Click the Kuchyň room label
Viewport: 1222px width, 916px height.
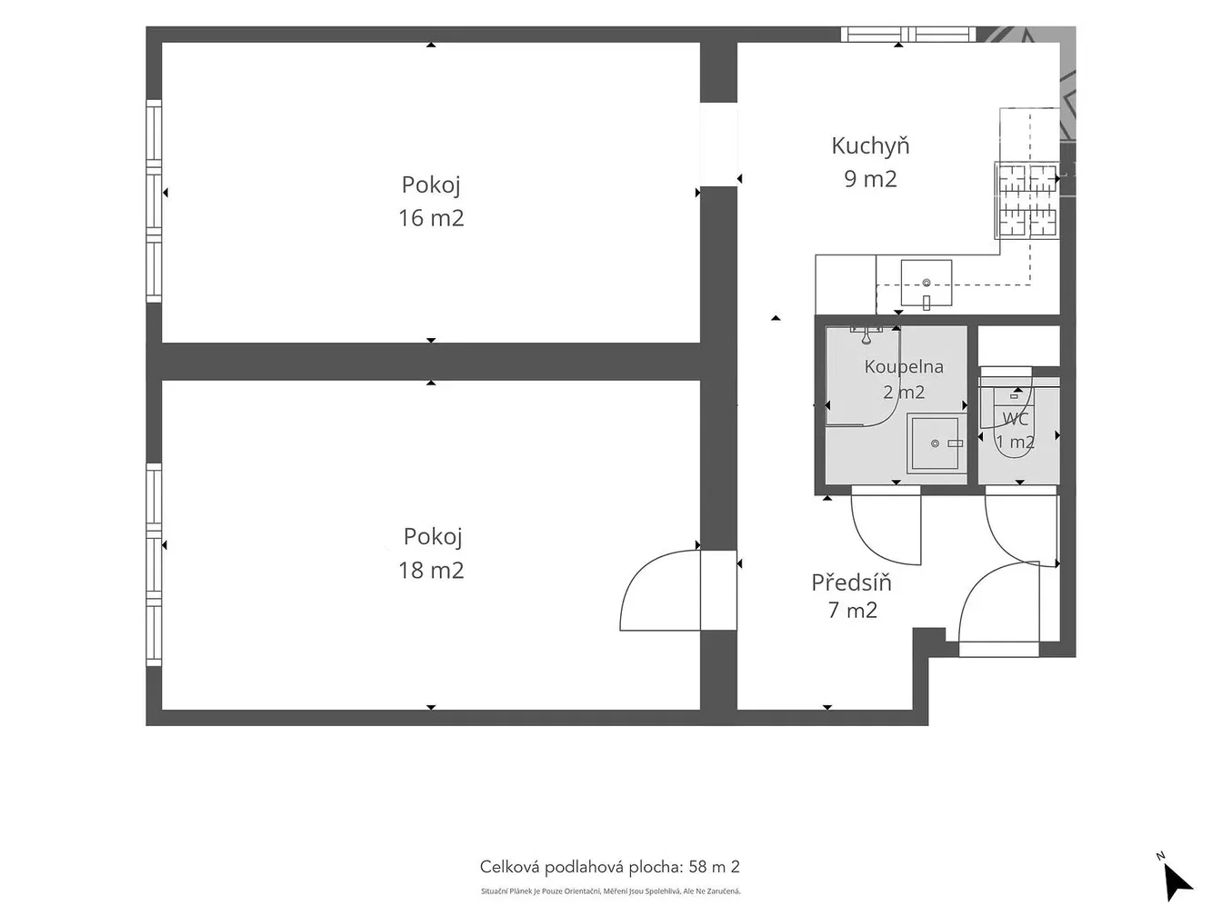pos(870,145)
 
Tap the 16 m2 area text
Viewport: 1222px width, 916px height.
pos(431,218)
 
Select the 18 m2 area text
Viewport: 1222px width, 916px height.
pos(431,570)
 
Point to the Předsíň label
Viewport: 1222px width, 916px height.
pos(851,582)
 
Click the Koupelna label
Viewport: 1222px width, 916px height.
pos(904,367)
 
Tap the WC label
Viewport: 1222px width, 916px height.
pos(1015,418)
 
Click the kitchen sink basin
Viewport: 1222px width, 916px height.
pos(926,284)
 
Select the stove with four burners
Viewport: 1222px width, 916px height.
pos(1027,200)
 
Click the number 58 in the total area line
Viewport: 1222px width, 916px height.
pos(698,867)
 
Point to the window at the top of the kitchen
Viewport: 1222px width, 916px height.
pos(908,35)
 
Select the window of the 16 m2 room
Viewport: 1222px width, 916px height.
pos(155,201)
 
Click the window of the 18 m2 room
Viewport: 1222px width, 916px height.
pos(155,564)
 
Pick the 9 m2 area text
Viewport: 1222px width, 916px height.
pos(870,179)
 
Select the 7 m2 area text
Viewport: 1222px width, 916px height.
pos(852,610)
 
